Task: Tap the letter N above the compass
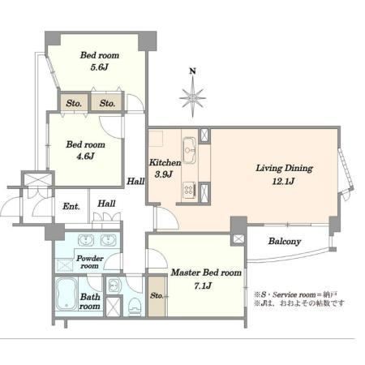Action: [x=192, y=71]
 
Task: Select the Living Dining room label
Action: [x=284, y=169]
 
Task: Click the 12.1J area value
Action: [x=283, y=181]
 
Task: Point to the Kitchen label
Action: [x=165, y=162]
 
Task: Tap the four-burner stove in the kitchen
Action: [x=189, y=190]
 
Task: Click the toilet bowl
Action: [x=135, y=307]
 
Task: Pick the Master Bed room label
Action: [x=206, y=273]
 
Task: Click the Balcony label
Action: [x=285, y=241]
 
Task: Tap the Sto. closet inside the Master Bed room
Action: [x=157, y=296]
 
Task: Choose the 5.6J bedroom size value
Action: [x=99, y=67]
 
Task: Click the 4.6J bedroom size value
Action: [x=85, y=156]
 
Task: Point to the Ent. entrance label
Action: [x=71, y=207]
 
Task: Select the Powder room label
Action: [x=90, y=262]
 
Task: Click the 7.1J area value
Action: [x=203, y=286]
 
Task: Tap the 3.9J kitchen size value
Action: [x=164, y=174]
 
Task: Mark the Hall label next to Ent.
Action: [x=106, y=204]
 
